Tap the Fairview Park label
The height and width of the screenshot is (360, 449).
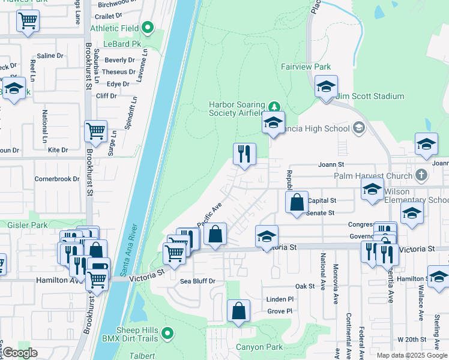coord(306,67)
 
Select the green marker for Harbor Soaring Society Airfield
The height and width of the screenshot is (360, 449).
coord(274,107)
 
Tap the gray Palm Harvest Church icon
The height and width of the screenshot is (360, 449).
coord(421,176)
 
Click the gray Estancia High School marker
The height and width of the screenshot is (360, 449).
coord(359,128)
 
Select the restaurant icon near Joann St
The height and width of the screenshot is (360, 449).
coord(245,154)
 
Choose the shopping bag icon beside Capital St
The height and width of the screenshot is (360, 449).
coord(297,202)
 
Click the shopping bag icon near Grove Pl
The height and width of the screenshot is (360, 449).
coord(239,311)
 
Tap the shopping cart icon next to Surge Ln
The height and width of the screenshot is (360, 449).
coord(95,130)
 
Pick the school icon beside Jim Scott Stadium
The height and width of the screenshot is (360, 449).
coord(326,86)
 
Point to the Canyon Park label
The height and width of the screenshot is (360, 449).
coord(259,347)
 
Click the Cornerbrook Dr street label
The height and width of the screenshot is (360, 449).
coord(57,179)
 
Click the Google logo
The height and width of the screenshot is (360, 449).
coord(20,353)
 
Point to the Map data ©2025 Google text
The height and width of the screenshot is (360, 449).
coord(411,355)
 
